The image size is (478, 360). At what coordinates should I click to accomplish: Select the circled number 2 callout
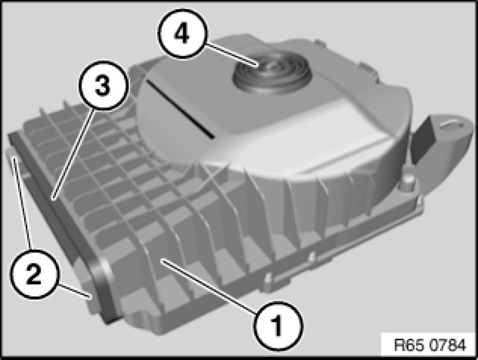click(x=33, y=274)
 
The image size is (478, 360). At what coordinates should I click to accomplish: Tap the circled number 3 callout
click(x=103, y=86)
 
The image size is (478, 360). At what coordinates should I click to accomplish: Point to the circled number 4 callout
click(x=182, y=33)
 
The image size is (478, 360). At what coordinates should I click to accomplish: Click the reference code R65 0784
click(x=430, y=345)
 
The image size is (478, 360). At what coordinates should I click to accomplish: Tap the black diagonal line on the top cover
click(x=180, y=109)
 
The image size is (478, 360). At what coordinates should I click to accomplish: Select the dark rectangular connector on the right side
click(x=425, y=140)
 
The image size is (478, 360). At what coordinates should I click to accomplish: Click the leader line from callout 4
click(x=232, y=54)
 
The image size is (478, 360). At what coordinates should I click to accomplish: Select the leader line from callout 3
click(x=73, y=155)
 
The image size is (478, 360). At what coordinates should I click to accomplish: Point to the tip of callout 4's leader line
click(x=258, y=65)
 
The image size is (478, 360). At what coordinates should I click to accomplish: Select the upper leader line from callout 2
click(x=22, y=203)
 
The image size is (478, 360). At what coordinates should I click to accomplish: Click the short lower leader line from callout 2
click(x=75, y=290)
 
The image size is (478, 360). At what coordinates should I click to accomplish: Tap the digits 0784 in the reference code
click(x=448, y=345)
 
